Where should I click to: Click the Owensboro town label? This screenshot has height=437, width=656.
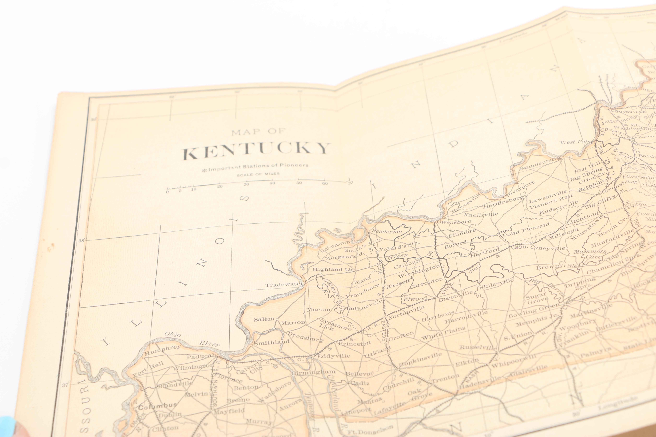[x=454, y=222]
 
